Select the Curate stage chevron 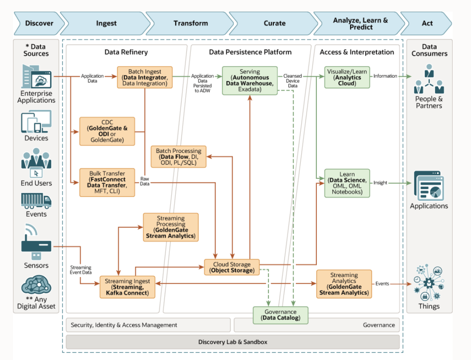(274, 23)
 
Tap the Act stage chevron (427, 23)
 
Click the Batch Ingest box (144, 77)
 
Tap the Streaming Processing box (170, 227)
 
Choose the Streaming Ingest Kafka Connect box (127, 287)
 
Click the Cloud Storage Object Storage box (232, 267)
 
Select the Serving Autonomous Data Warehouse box (249, 80)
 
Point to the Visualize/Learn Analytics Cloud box (347, 77)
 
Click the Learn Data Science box (347, 183)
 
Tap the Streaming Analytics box (344, 283)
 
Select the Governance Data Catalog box (281, 315)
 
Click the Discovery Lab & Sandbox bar (233, 342)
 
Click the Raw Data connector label (145, 180)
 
